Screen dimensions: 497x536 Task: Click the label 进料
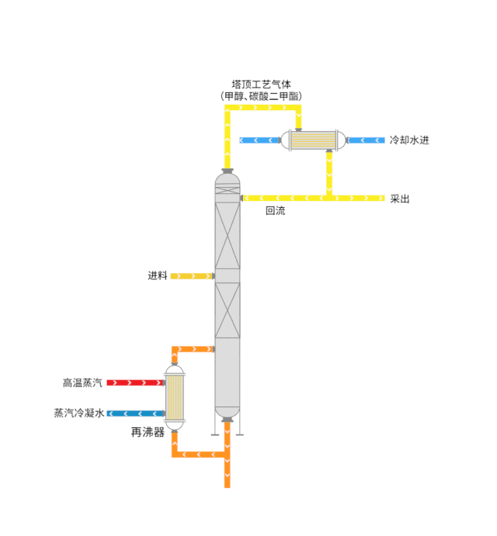[158, 275]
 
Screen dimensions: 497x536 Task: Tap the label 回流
[275, 210]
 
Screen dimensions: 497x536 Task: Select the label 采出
[400, 199]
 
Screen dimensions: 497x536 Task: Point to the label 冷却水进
[409, 140]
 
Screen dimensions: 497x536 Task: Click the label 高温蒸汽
[82, 382]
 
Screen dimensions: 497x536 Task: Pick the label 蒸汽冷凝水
[79, 413]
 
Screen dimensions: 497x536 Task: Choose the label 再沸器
[148, 432]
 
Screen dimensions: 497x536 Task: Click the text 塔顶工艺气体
[261, 84]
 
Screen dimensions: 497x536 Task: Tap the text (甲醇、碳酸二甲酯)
[261, 96]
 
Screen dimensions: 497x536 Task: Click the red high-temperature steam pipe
[135, 383]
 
